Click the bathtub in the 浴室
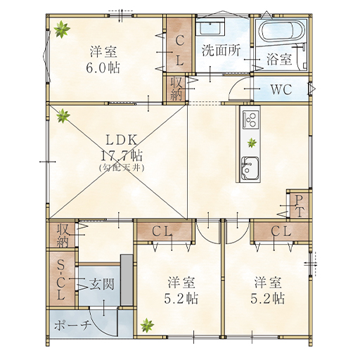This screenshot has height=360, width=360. [x=282, y=31]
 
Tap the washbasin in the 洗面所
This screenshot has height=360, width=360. [x=211, y=27]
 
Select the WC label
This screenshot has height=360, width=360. [x=281, y=89]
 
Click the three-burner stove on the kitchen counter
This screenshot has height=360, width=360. [x=251, y=120]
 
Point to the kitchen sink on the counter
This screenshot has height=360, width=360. [x=250, y=168]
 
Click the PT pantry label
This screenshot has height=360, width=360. [x=299, y=206]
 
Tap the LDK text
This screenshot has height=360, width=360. [x=122, y=140]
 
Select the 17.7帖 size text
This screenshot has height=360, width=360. [x=122, y=155]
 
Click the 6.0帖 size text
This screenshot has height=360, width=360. [x=103, y=67]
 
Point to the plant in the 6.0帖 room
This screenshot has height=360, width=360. [x=62, y=29]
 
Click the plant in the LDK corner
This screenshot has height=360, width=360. [x=63, y=115]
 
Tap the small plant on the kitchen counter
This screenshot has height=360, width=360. [x=252, y=143]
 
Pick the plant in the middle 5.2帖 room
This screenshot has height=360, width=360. [x=147, y=325]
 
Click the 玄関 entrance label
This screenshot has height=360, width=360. [x=101, y=284]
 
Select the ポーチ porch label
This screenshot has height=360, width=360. [x=72, y=326]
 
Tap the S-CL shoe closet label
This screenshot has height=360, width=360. [x=61, y=281]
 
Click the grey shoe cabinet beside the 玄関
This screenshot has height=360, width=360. [x=127, y=280]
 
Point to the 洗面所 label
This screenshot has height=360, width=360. [x=221, y=50]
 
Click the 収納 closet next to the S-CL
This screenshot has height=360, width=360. [x=63, y=235]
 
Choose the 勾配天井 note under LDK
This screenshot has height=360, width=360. [x=121, y=167]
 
